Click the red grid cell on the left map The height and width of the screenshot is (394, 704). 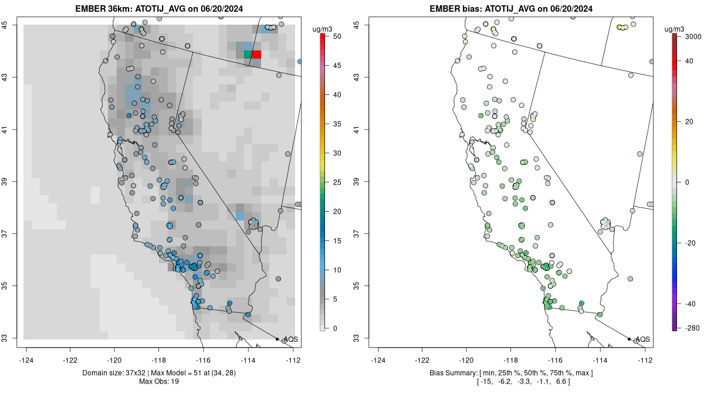click(256, 55)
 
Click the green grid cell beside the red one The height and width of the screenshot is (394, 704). click(248, 55)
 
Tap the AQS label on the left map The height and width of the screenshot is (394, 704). click(290, 339)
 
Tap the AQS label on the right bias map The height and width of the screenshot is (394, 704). click(642, 339)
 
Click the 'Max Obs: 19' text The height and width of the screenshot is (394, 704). click(158, 382)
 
